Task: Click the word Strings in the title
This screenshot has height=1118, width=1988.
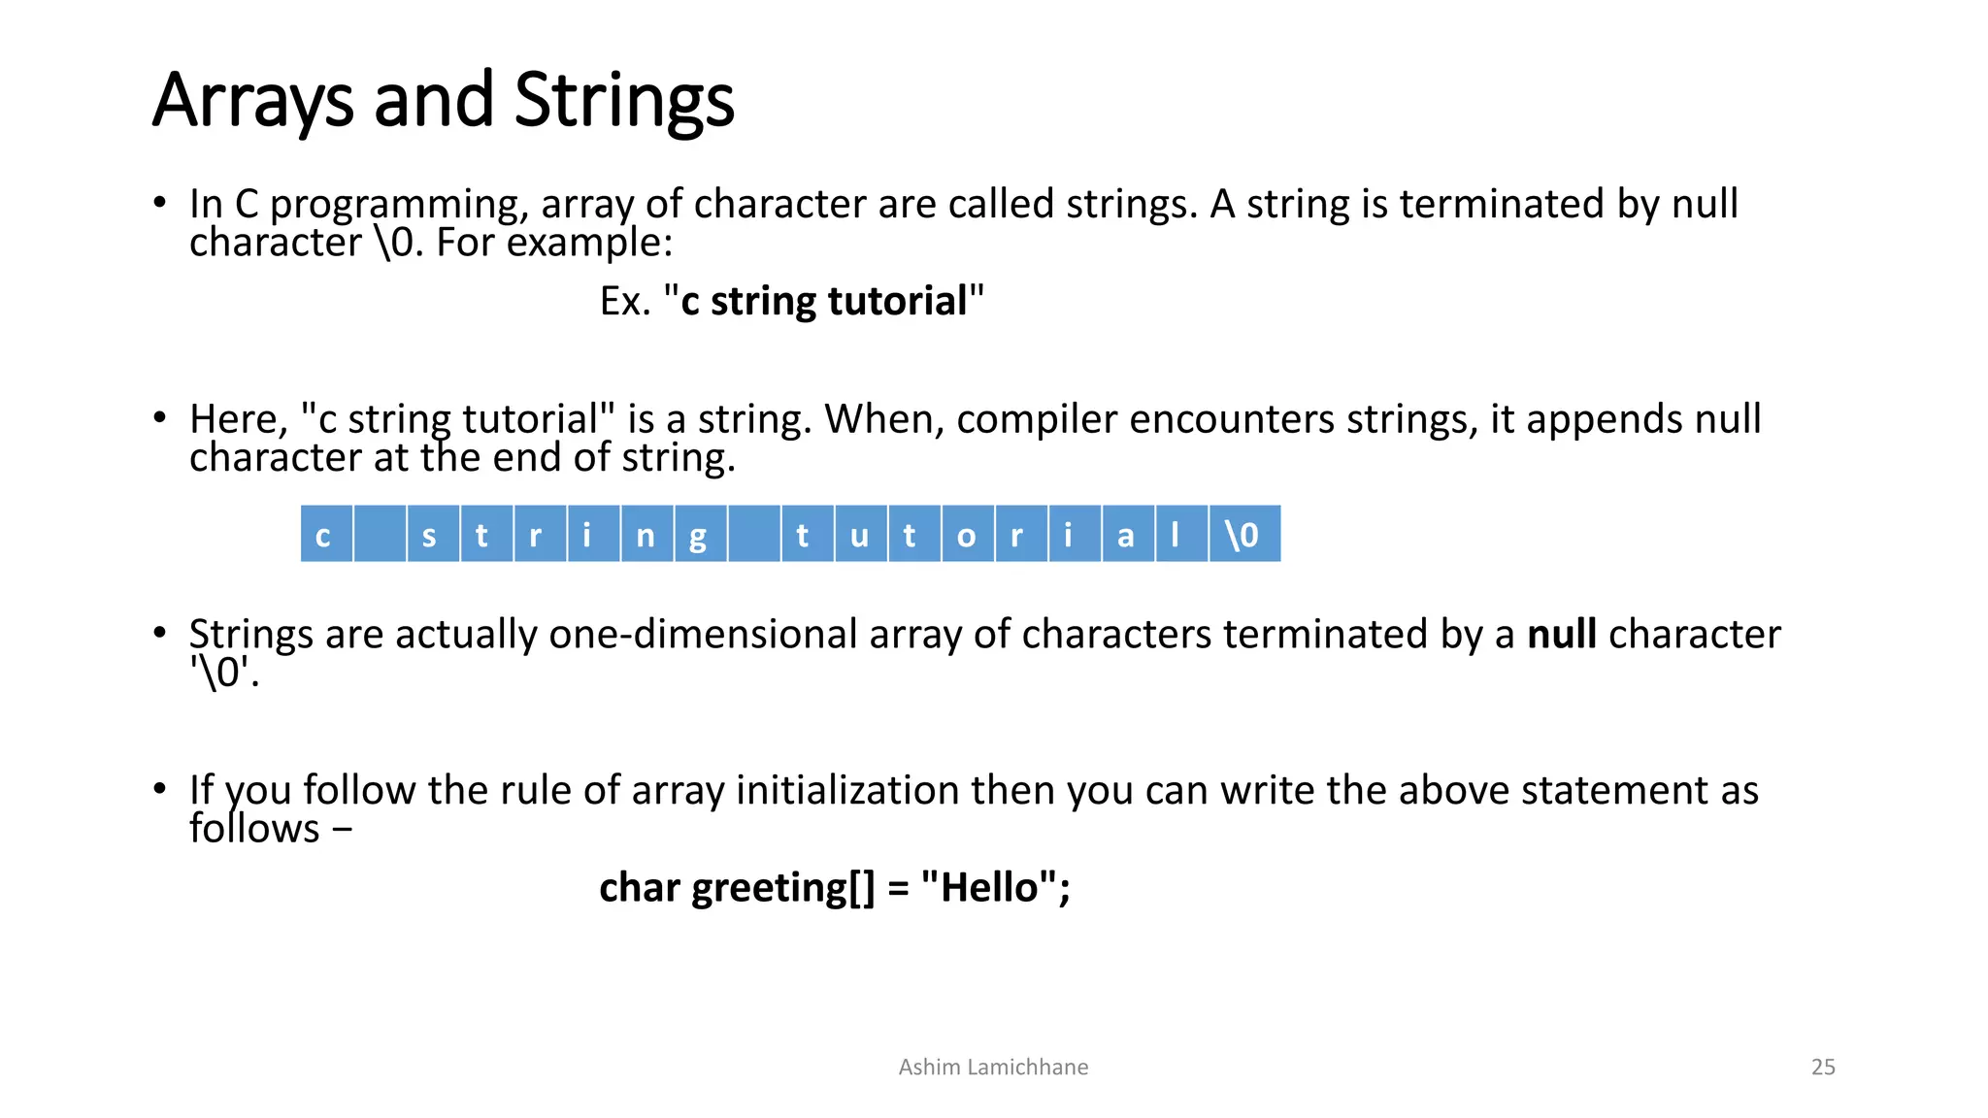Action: [x=623, y=101]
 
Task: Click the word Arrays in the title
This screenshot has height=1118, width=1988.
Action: [x=253, y=101]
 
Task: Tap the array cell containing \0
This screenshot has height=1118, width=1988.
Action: [x=1243, y=534]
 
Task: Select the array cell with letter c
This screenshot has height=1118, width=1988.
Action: [x=326, y=534]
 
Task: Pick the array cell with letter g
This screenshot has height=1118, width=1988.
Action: [x=700, y=534]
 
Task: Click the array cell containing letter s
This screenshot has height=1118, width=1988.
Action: [x=433, y=534]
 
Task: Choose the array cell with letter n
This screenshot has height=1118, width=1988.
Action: [x=646, y=534]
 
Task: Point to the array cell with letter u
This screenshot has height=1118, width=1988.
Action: [x=860, y=534]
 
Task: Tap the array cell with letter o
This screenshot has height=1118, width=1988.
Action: [x=967, y=534]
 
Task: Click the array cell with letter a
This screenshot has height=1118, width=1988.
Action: [x=1127, y=534]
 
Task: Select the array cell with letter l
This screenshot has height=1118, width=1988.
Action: [x=1180, y=534]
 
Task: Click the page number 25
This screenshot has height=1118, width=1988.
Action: [x=1823, y=1067]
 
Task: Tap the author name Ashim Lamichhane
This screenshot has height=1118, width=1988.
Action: [x=993, y=1067]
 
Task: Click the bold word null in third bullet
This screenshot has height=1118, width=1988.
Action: [x=1561, y=635]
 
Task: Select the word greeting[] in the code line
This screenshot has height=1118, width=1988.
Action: [x=783, y=888]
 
